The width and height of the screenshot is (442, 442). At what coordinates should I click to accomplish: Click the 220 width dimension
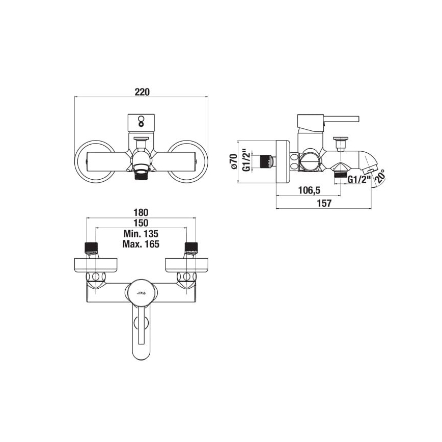pos(142,92)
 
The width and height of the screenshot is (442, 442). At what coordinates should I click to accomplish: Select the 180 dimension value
pos(141,212)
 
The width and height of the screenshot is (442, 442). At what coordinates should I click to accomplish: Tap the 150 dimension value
pos(141,223)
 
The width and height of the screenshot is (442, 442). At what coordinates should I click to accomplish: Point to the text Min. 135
pos(141,234)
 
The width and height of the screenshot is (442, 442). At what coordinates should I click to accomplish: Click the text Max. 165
pos(141,244)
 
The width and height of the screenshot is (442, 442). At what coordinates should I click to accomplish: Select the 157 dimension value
pos(323,204)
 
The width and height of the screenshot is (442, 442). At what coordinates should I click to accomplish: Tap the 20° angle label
pos(379,177)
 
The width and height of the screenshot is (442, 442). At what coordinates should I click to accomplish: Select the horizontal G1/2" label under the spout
pos(357,179)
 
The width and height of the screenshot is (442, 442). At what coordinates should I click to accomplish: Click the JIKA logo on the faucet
pos(142,292)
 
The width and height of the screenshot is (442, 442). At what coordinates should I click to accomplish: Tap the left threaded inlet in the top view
pos(90,248)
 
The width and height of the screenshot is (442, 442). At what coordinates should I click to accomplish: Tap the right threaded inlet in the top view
pos(191,248)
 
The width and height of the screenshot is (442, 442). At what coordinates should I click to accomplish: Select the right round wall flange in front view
pos(188,160)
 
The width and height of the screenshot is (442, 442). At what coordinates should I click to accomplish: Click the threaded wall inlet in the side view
pos(264,161)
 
